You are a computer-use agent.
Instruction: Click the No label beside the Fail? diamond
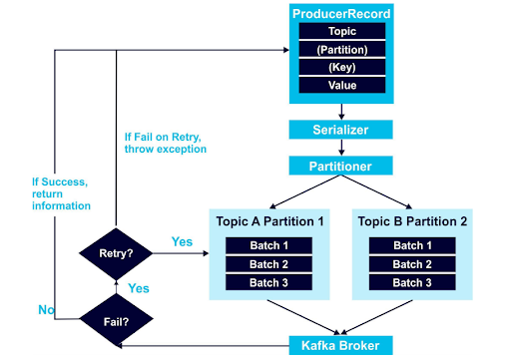[47, 310]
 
